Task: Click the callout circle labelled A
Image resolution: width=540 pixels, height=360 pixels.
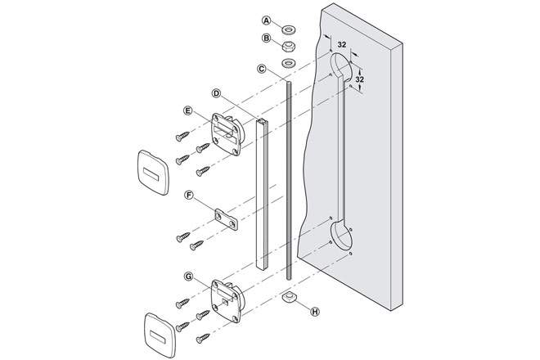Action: pyautogui.click(x=265, y=20)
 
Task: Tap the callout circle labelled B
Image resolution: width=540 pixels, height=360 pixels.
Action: pyautogui.click(x=265, y=38)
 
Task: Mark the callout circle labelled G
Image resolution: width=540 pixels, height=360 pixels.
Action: pyautogui.click(x=189, y=277)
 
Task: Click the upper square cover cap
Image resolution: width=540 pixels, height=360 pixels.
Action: pyautogui.click(x=153, y=172)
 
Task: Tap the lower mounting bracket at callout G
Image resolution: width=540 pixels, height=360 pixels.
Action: pyautogui.click(x=227, y=299)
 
